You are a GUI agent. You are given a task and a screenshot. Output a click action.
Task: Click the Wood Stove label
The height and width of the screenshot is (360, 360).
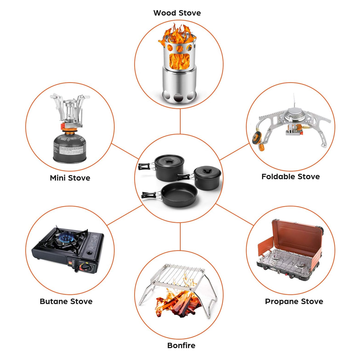(177, 13)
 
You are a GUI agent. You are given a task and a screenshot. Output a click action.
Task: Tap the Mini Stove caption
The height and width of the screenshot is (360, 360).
(70, 178)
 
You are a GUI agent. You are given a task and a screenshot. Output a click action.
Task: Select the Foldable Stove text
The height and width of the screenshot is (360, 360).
(290, 176)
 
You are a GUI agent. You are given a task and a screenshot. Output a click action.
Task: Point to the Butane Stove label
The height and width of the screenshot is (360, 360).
(66, 301)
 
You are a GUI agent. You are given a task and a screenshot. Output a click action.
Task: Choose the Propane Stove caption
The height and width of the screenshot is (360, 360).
(294, 301)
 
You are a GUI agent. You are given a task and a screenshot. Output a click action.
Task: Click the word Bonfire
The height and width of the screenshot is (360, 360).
(181, 345)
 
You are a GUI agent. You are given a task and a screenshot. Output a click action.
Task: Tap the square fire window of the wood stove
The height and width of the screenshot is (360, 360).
(179, 61)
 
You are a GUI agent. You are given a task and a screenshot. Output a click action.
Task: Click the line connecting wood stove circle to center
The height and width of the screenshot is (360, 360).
(180, 121)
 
